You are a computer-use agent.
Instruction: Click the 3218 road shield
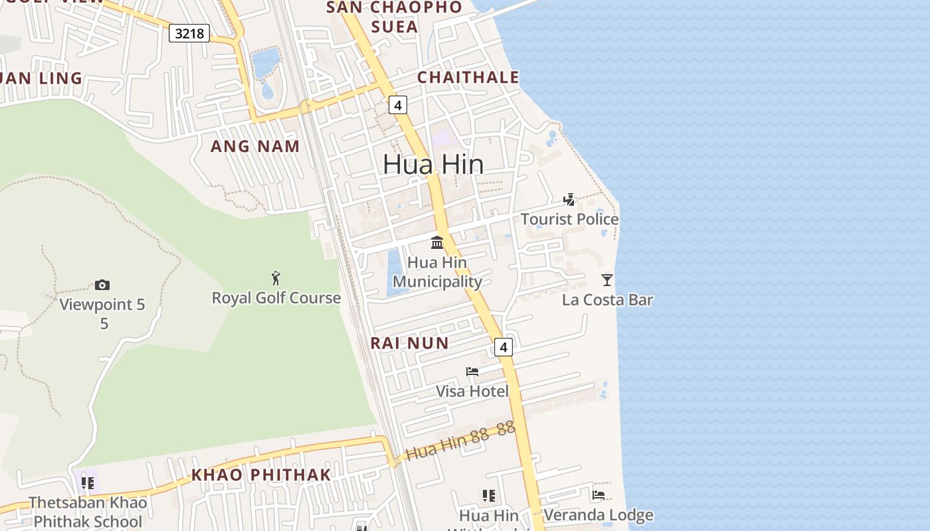pyautogui.click(x=189, y=33)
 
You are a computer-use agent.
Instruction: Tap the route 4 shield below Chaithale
pyautogui.click(x=397, y=105)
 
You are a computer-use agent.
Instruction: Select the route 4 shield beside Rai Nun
pyautogui.click(x=504, y=346)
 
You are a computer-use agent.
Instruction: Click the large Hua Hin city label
pyautogui.click(x=433, y=165)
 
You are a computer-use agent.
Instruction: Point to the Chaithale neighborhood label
pyautogui.click(x=468, y=77)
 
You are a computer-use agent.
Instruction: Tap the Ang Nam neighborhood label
pyautogui.click(x=255, y=146)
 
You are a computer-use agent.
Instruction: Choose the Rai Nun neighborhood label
pyautogui.click(x=409, y=343)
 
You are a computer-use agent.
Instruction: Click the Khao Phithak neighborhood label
pyautogui.click(x=261, y=475)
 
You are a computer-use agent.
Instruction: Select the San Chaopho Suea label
pyautogui.click(x=395, y=17)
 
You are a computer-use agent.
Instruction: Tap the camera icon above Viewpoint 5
pyautogui.click(x=102, y=285)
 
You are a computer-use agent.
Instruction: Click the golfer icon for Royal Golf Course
pyautogui.click(x=276, y=278)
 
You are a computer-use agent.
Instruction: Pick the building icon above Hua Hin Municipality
pyautogui.click(x=437, y=242)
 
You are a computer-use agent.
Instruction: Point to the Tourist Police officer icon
pyautogui.click(x=569, y=199)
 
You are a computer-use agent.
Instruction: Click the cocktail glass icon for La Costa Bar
pyautogui.click(x=606, y=279)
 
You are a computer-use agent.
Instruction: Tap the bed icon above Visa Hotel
pyautogui.click(x=472, y=372)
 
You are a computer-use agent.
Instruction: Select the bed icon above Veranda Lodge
pyautogui.click(x=598, y=495)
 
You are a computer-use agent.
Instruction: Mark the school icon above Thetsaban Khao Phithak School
pyautogui.click(x=88, y=483)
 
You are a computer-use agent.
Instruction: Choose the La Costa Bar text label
pyautogui.click(x=607, y=300)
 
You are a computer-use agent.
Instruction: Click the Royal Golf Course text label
pyautogui.click(x=276, y=298)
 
